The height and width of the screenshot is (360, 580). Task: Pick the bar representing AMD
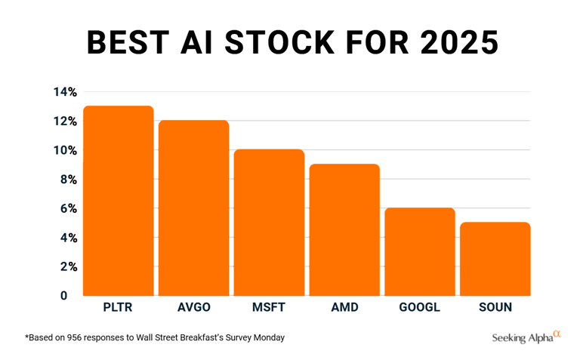[x=344, y=229]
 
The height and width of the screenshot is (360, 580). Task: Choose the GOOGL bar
[x=420, y=251]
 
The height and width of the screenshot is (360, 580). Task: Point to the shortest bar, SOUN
[x=495, y=259]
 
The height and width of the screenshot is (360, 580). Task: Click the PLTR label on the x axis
[x=118, y=307]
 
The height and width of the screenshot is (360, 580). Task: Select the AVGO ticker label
[x=193, y=307]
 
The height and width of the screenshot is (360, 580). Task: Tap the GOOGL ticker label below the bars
[x=420, y=307]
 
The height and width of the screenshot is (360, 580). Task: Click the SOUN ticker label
[x=495, y=307]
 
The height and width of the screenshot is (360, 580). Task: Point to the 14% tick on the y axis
[x=64, y=92]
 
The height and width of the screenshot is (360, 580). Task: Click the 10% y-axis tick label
[x=64, y=150]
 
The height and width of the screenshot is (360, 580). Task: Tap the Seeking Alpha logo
[x=526, y=337]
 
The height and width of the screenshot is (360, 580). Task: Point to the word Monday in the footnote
[x=269, y=337]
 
